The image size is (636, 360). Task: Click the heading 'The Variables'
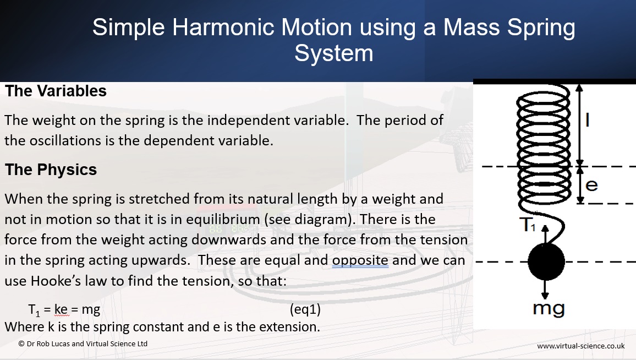[56, 91]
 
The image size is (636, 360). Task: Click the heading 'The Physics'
[51, 170]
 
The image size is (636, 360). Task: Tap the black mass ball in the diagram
[546, 262]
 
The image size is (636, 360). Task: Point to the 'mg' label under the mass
[549, 309]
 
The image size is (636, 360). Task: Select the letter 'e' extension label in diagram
[592, 186]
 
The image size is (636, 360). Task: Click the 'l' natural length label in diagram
[587, 120]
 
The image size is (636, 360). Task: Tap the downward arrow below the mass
[545, 289]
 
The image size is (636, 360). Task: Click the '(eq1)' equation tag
[305, 310]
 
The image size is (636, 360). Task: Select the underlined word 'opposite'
[360, 260]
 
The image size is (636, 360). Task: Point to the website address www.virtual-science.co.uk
[581, 346]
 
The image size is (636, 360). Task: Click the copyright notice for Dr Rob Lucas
[83, 344]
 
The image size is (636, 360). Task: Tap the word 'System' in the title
[334, 53]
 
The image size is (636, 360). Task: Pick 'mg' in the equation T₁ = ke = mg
[91, 310]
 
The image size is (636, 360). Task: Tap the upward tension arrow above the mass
[545, 234]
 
